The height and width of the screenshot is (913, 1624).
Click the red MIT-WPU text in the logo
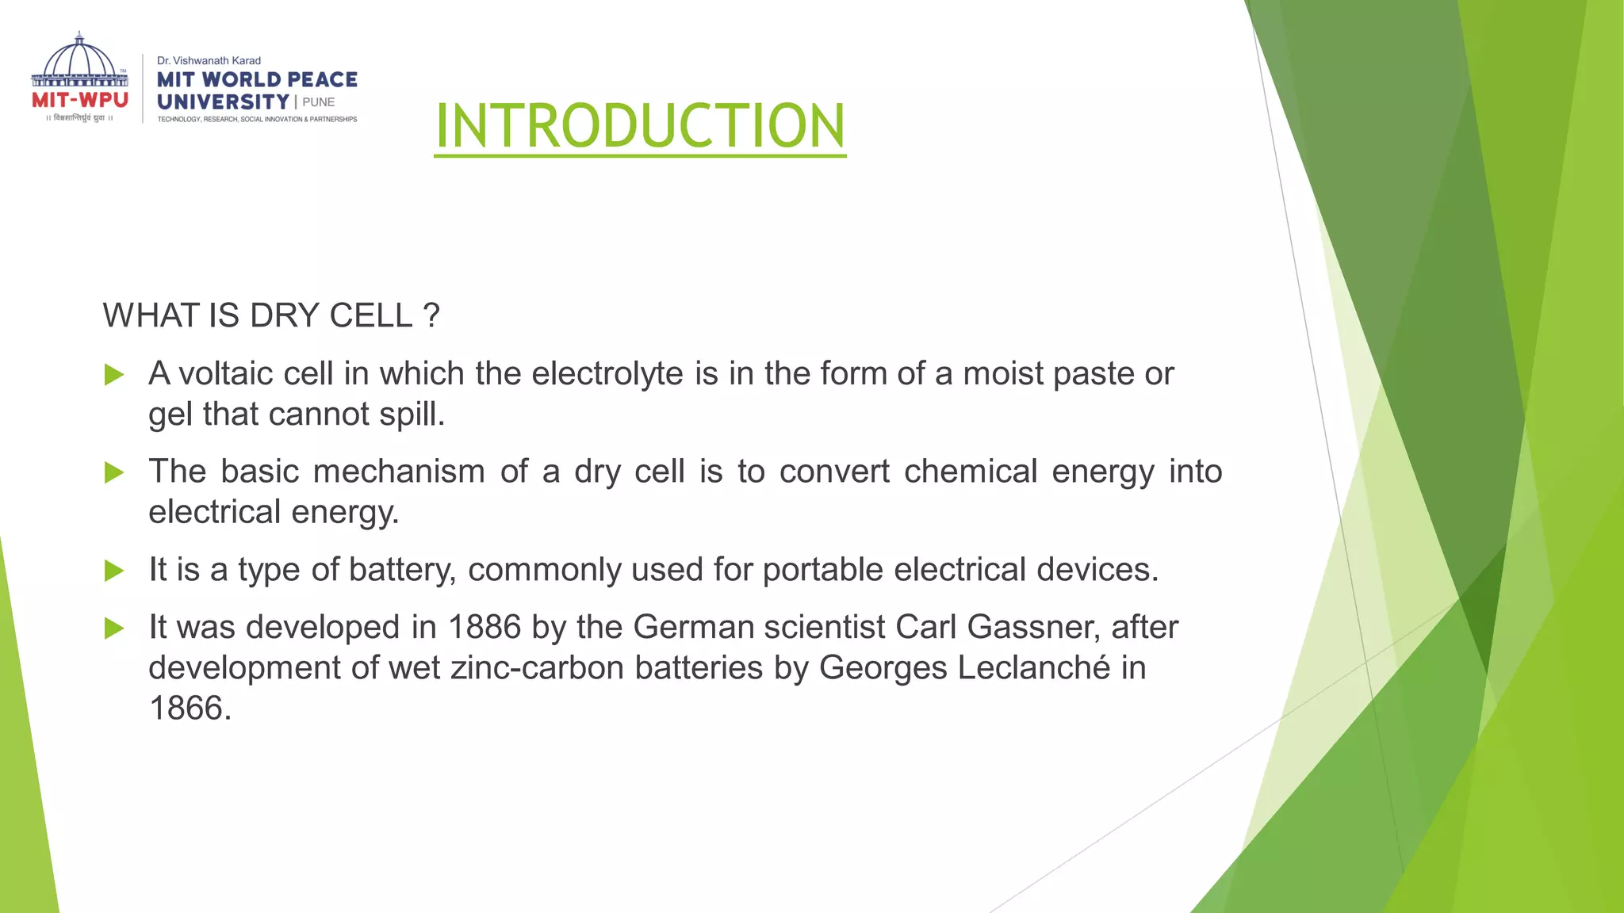pyautogui.click(x=80, y=101)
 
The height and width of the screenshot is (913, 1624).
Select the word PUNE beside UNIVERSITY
pyautogui.click(x=319, y=102)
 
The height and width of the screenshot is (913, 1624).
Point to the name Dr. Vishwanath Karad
pyautogui.click(x=209, y=60)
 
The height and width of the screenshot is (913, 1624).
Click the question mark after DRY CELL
pyautogui.click(x=431, y=315)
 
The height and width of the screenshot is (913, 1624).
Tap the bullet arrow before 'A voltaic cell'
pyautogui.click(x=114, y=375)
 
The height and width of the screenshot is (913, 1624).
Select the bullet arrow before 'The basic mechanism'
pyautogui.click(x=114, y=473)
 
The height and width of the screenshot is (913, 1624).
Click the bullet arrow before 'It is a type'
pyautogui.click(x=114, y=571)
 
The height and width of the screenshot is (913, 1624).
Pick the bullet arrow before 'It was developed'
pyautogui.click(x=114, y=628)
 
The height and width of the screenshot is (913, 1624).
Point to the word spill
pyautogui.click(x=412, y=414)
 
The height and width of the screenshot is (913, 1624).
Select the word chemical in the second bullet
pyautogui.click(x=971, y=472)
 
